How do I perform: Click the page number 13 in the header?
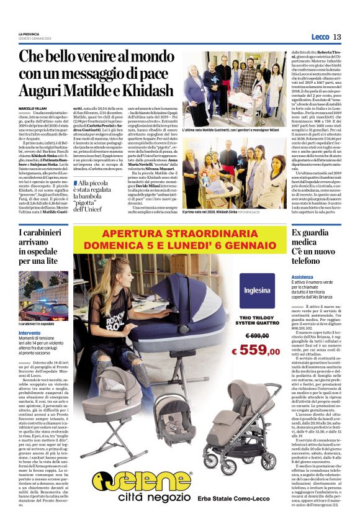click(345, 37)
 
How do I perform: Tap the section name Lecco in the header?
click(321, 37)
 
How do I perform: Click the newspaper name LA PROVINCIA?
click(29, 34)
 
